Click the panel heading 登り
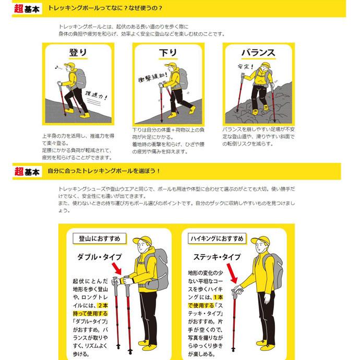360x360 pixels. pos(78,53)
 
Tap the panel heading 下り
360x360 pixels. pos(168,53)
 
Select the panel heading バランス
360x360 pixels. pos(258,53)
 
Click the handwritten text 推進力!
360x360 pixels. pos(96,95)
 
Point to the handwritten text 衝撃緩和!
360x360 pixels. pos(152,77)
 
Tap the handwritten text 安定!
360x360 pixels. pos(246,67)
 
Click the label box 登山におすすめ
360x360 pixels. pos(100,238)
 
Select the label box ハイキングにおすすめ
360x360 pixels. pos(217,238)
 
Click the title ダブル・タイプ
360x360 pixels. pos(100,257)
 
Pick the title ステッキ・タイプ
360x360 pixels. pos(217,257)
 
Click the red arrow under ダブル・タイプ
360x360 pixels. pos(117,269)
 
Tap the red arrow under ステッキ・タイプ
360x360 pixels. pos(232,273)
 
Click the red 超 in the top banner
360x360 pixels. pos(19,9)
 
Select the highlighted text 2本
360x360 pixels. pos(103,306)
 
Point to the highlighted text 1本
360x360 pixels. pos(218,297)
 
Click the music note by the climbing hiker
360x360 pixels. pos(57,67)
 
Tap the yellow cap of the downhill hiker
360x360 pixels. pos(170,65)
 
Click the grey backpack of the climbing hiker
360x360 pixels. pos(80,79)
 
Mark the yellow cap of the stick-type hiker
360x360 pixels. pos(260,240)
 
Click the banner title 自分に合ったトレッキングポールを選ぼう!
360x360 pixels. pos(103,171)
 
